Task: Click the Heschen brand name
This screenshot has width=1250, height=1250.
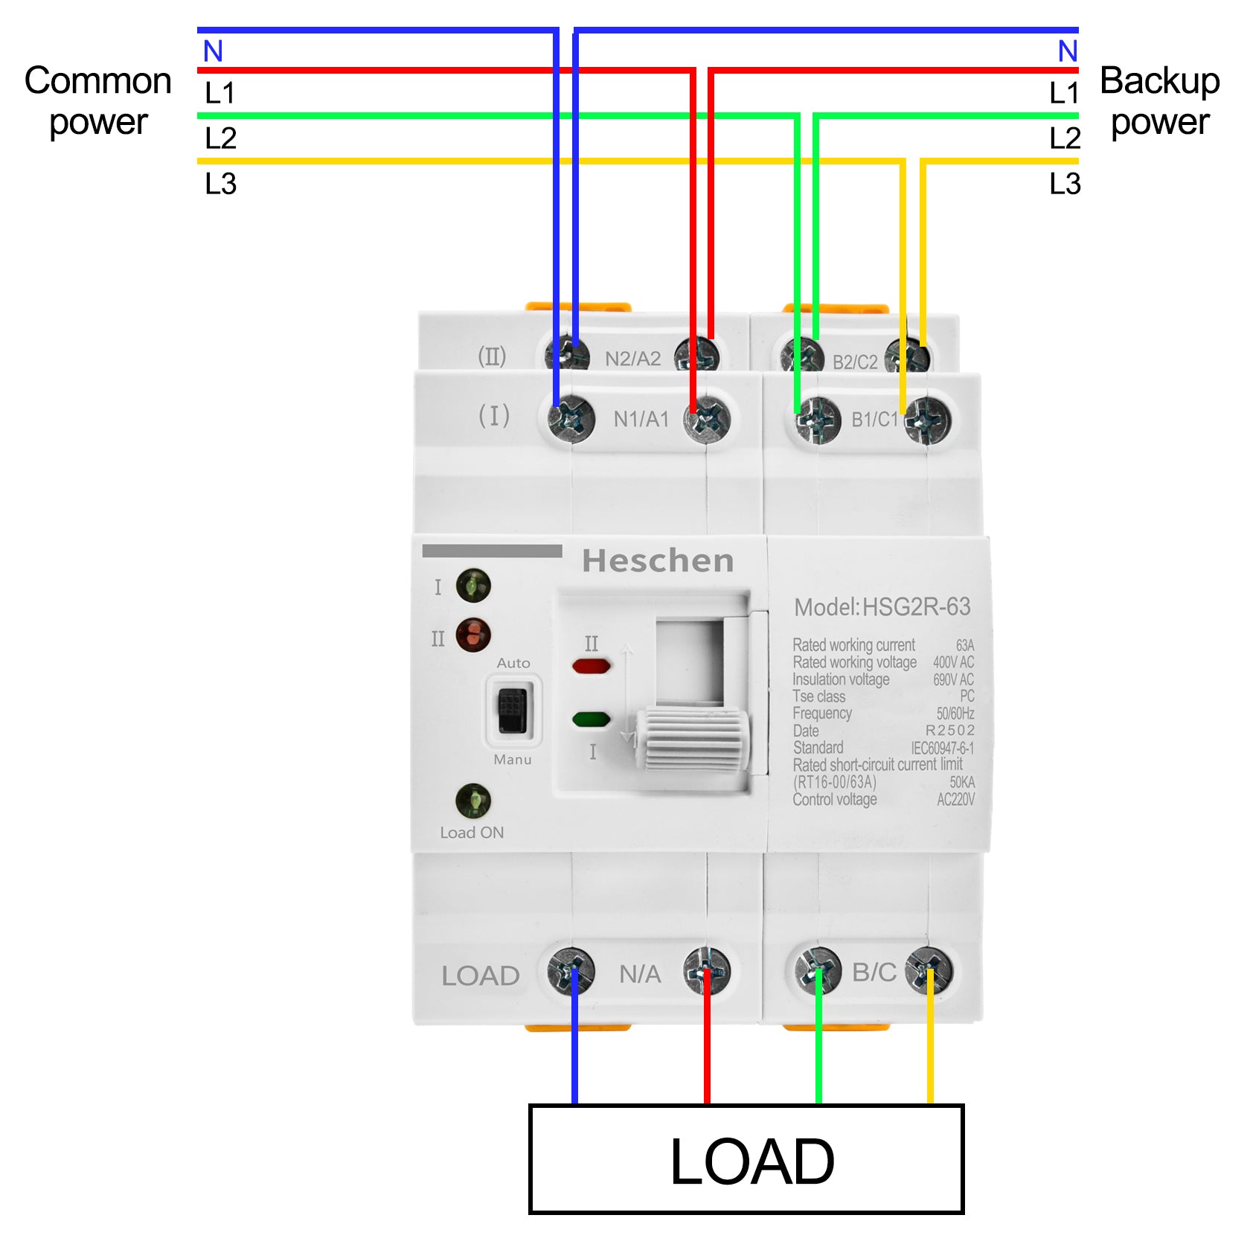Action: (658, 561)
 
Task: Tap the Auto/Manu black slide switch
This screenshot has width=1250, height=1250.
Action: (513, 710)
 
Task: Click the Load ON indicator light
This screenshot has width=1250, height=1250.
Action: (473, 801)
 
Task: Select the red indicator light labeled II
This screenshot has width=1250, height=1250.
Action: (473, 635)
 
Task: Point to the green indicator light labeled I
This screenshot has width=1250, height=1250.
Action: (473, 586)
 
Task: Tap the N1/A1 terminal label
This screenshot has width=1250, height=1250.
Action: (641, 420)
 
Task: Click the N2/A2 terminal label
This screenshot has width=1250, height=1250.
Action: (632, 359)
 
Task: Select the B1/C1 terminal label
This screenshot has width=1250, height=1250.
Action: (875, 420)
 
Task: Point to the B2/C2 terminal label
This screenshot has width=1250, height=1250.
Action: (855, 362)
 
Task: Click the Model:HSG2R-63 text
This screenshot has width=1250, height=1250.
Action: (882, 607)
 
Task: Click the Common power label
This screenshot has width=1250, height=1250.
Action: (97, 100)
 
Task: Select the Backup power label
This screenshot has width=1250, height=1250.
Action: (1159, 100)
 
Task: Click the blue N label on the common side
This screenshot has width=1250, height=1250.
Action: (213, 51)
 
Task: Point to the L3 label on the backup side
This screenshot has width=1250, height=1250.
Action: (1064, 184)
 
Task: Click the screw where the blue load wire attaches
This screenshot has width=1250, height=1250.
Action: (571, 970)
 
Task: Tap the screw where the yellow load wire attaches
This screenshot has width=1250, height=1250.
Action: (929, 970)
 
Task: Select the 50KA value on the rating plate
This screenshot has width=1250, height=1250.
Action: (962, 782)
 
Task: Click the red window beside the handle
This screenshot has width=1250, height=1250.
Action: (592, 666)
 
